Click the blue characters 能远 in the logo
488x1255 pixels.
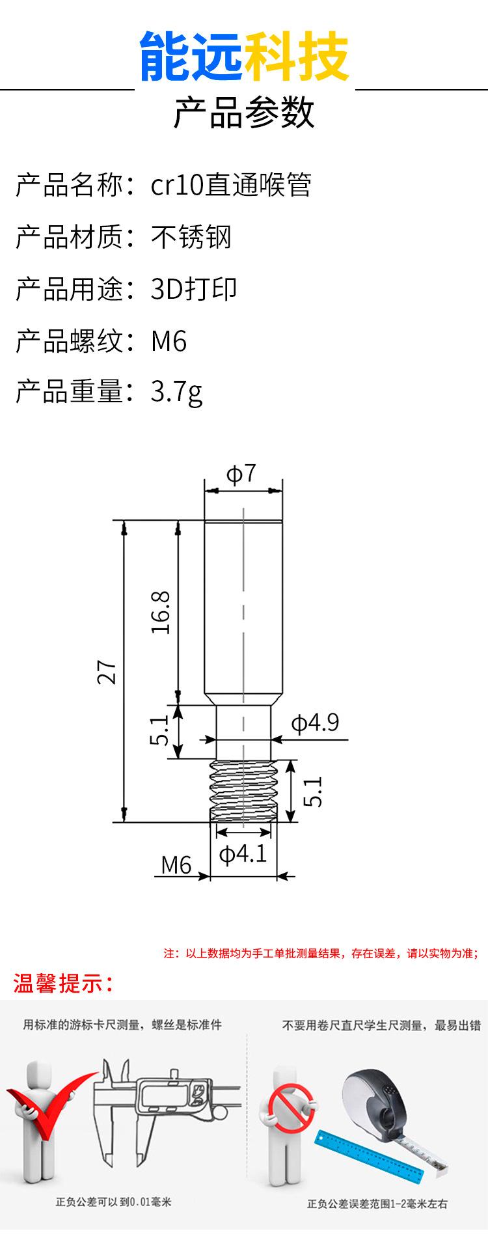pyautogui.click(x=191, y=57)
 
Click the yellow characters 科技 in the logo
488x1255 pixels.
pyautogui.click(x=297, y=57)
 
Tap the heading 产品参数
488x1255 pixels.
pyautogui.click(x=244, y=113)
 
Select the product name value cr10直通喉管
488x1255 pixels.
pyautogui.click(x=231, y=186)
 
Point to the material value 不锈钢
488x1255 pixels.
pyautogui.click(x=191, y=237)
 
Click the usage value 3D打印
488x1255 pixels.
pyautogui.click(x=194, y=289)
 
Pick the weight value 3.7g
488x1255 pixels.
pyautogui.click(x=176, y=393)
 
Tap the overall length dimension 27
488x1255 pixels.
pyautogui.click(x=108, y=672)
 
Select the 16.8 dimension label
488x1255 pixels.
pyautogui.click(x=161, y=613)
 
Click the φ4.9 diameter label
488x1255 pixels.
pyautogui.click(x=315, y=723)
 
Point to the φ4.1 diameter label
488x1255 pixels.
pyautogui.click(x=243, y=853)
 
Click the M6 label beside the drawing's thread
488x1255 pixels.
pyautogui.click(x=176, y=865)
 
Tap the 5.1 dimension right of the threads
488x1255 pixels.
pyautogui.click(x=314, y=792)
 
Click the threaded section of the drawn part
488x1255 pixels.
pyautogui.click(x=243, y=791)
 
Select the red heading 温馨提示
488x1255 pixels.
pyautogui.click(x=64, y=983)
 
